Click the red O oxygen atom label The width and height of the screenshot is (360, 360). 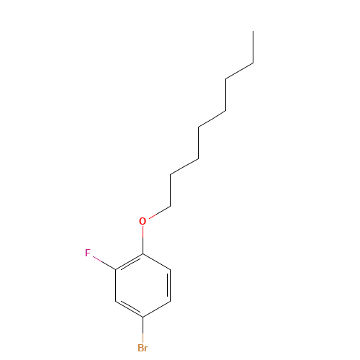tap(143, 221)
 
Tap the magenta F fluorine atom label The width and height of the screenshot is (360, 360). tap(88, 253)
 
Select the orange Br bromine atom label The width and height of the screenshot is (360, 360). tap(143, 348)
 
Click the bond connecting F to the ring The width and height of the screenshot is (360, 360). tap(104, 263)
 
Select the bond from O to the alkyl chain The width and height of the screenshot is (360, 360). tap(160, 212)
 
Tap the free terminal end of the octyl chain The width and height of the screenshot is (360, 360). tap(253, 31)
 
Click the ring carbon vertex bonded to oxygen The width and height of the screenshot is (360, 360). tap(143, 253)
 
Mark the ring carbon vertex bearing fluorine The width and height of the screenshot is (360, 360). tap(116, 270)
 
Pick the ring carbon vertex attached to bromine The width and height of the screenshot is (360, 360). tap(143, 317)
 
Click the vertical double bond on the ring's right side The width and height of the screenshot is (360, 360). tap(169, 285)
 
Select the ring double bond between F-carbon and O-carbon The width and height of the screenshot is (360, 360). tap(130, 263)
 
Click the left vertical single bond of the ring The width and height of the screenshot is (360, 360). tap(116, 285)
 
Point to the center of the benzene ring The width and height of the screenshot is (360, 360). tap(143, 285)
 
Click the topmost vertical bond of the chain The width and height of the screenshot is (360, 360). tap(253, 47)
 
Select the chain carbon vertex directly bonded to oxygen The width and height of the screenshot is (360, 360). tap(171, 206)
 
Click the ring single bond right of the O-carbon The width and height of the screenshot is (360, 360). tap(157, 261)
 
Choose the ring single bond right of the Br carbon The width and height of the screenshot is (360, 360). tap(157, 309)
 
